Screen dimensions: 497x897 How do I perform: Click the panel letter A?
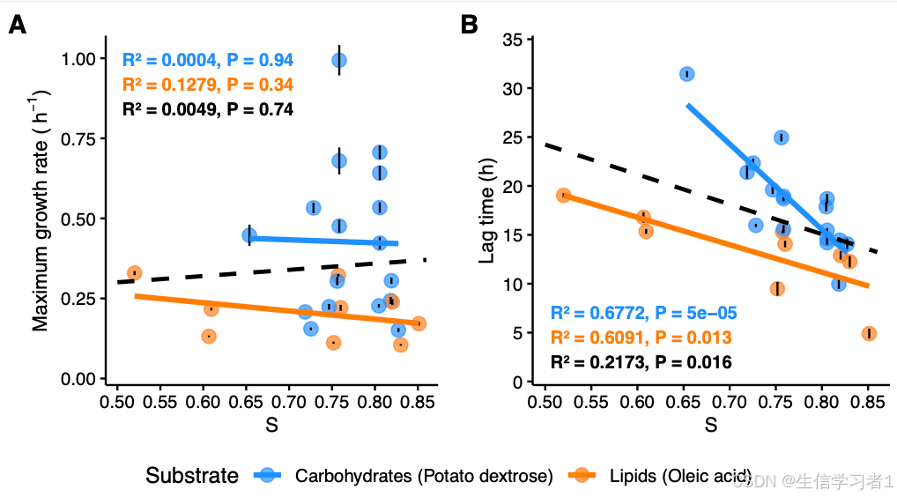coord(17,26)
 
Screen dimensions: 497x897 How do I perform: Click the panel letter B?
coord(470,26)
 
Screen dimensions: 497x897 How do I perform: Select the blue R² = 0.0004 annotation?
coord(207,61)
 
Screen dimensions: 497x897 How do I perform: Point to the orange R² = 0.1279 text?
coord(207,85)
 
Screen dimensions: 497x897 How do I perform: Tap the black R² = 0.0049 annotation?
coord(207,109)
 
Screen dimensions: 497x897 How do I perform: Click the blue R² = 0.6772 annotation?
coord(643,313)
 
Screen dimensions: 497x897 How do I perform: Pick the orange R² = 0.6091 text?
coord(641,338)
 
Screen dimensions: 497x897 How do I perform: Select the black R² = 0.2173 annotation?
coord(641,362)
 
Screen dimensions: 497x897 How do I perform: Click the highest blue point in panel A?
coord(339,60)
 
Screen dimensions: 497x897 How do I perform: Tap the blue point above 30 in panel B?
coord(686,74)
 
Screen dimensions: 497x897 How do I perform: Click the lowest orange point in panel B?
coord(869,333)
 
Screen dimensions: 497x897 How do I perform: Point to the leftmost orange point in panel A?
coord(134,273)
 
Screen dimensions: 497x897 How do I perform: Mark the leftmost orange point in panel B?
coord(563,196)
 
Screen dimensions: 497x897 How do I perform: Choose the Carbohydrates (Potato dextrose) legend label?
coord(424,477)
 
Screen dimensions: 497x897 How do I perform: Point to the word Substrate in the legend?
coord(192,476)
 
